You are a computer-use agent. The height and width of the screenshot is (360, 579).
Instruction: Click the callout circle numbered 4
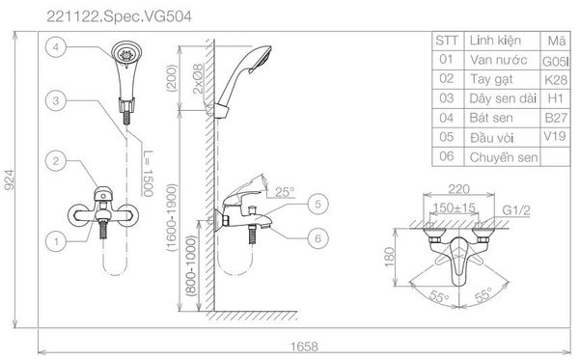click(56, 47)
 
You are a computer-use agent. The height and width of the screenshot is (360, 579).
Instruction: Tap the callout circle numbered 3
click(56, 100)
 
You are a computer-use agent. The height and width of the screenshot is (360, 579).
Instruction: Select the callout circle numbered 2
click(56, 161)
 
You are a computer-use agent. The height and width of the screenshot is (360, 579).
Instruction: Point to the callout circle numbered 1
click(56, 242)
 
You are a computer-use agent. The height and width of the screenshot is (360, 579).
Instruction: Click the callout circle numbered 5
click(317, 204)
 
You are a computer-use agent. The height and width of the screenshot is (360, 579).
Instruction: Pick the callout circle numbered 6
click(317, 238)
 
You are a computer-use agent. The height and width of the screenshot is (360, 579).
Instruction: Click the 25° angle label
click(285, 192)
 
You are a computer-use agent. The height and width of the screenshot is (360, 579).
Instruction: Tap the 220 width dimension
click(459, 189)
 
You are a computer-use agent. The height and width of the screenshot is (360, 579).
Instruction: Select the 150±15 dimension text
click(454, 208)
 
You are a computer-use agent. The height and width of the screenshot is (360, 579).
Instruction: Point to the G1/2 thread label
click(516, 210)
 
